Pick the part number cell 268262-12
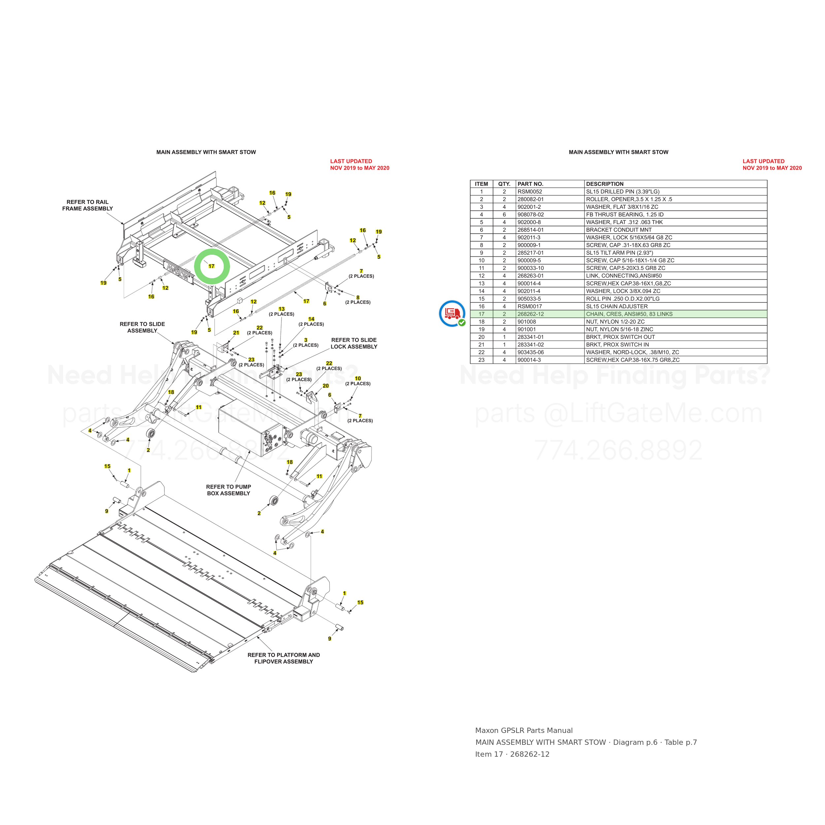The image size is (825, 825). click(x=530, y=314)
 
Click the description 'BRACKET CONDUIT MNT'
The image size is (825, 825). click(x=619, y=230)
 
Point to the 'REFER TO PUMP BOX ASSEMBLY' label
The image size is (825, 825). click(x=228, y=490)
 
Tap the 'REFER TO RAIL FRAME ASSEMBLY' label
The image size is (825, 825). click(x=87, y=205)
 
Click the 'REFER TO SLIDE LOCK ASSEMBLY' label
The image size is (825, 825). click(x=354, y=343)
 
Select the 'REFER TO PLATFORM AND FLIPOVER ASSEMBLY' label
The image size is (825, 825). click(x=283, y=658)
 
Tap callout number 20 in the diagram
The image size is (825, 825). click(x=326, y=385)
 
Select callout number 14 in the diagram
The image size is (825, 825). click(x=311, y=319)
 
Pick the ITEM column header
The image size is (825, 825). click(x=481, y=184)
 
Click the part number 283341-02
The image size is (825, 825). click(x=530, y=345)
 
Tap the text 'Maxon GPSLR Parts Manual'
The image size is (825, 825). click(x=524, y=731)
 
